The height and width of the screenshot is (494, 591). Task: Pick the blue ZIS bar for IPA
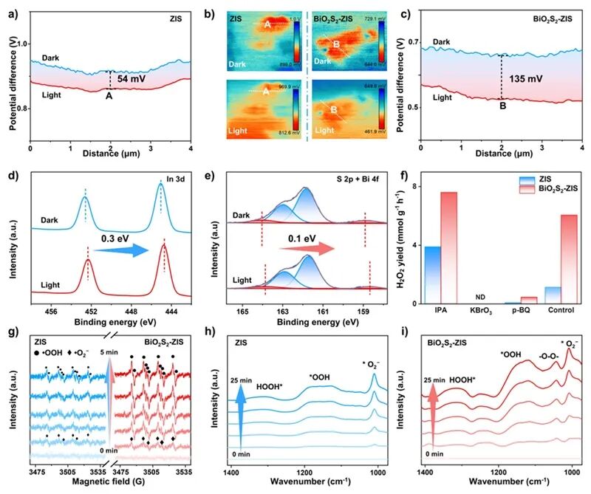pos(433,275)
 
